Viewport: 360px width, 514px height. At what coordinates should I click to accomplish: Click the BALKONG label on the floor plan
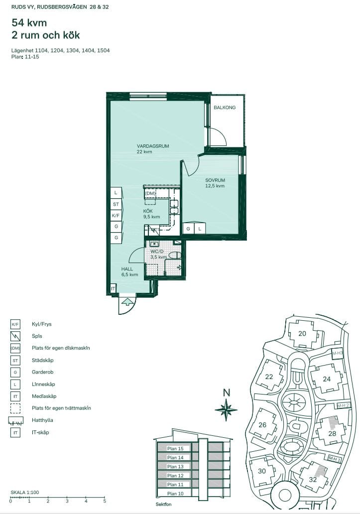tap(225, 107)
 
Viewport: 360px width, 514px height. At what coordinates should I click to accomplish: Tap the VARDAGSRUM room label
tap(153, 146)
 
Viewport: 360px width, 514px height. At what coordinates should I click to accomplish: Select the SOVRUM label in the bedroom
tap(215, 180)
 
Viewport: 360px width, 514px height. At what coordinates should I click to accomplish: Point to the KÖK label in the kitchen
tap(148, 211)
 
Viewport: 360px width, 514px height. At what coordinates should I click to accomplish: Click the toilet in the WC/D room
tap(174, 256)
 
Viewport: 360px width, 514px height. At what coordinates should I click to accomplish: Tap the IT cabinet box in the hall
tap(113, 289)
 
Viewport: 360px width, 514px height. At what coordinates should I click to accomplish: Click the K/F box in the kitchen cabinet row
tap(116, 215)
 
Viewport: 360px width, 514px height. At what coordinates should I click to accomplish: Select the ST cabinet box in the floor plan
tap(116, 204)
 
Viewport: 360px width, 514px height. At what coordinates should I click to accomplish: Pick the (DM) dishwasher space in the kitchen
tap(150, 193)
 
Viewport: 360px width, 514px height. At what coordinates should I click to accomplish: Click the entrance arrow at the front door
tap(127, 301)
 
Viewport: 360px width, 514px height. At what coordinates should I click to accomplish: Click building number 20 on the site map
tap(302, 333)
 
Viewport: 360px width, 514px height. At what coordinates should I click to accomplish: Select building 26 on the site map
tap(262, 425)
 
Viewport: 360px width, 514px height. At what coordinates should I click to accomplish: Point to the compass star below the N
tap(226, 409)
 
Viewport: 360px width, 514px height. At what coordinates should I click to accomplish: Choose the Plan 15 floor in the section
tap(175, 448)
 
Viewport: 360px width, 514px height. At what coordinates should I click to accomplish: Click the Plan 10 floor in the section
tap(175, 494)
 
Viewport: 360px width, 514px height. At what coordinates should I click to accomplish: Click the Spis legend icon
tap(15, 336)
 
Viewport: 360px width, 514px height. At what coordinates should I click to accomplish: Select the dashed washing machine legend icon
tap(15, 408)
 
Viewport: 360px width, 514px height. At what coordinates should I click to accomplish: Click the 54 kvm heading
tap(29, 22)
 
